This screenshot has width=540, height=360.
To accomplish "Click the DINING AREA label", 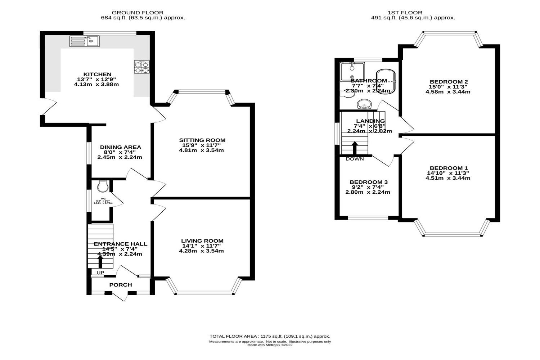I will pyautogui.click(x=120, y=147).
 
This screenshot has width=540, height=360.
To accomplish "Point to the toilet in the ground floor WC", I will pyautogui.click(x=102, y=186).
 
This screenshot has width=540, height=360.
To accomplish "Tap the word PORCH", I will pyautogui.click(x=121, y=285).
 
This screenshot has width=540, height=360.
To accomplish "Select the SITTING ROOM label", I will pyautogui.click(x=202, y=140).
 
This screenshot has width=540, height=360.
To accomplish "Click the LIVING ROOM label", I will pyautogui.click(x=202, y=241).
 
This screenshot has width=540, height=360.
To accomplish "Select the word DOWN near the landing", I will pyautogui.click(x=355, y=159).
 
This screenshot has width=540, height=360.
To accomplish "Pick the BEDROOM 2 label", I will pyautogui.click(x=449, y=81).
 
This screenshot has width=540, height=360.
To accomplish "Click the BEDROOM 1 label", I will pyautogui.click(x=449, y=168).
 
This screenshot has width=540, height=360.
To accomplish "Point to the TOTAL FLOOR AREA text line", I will pyautogui.click(x=270, y=336).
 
